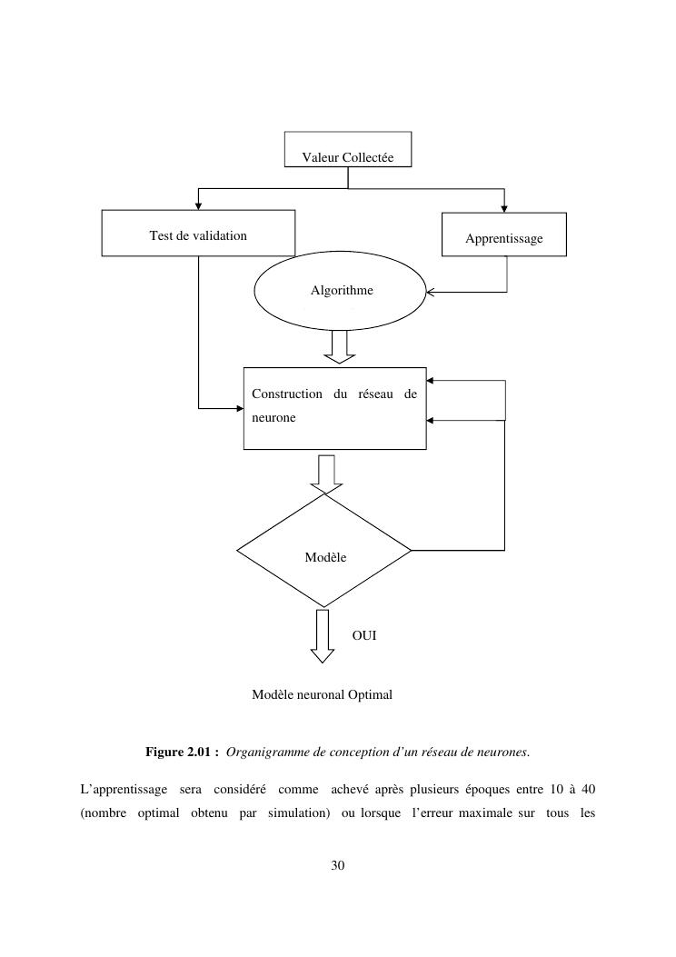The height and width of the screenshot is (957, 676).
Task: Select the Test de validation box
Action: pyautogui.click(x=198, y=234)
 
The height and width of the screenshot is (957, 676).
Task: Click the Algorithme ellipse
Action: pyautogui.click(x=341, y=291)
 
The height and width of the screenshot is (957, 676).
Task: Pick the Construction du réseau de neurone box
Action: pyautogui.click(x=334, y=408)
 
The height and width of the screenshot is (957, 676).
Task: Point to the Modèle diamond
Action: pyautogui.click(x=324, y=551)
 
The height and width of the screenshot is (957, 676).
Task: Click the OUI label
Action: pyautogui.click(x=364, y=635)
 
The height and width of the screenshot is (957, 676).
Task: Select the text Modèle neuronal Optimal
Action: pyautogui.click(x=322, y=695)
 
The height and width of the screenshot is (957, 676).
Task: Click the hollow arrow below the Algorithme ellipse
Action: pyautogui.click(x=342, y=345)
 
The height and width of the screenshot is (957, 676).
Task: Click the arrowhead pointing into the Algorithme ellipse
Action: pyautogui.click(x=431, y=293)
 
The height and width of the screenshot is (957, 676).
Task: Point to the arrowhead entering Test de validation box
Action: pyautogui.click(x=198, y=205)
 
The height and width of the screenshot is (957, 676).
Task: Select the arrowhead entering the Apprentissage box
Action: pyautogui.click(x=504, y=208)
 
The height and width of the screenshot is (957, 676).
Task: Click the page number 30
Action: pyautogui.click(x=338, y=865)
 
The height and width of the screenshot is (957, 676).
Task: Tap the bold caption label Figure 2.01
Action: pyautogui.click(x=181, y=753)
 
